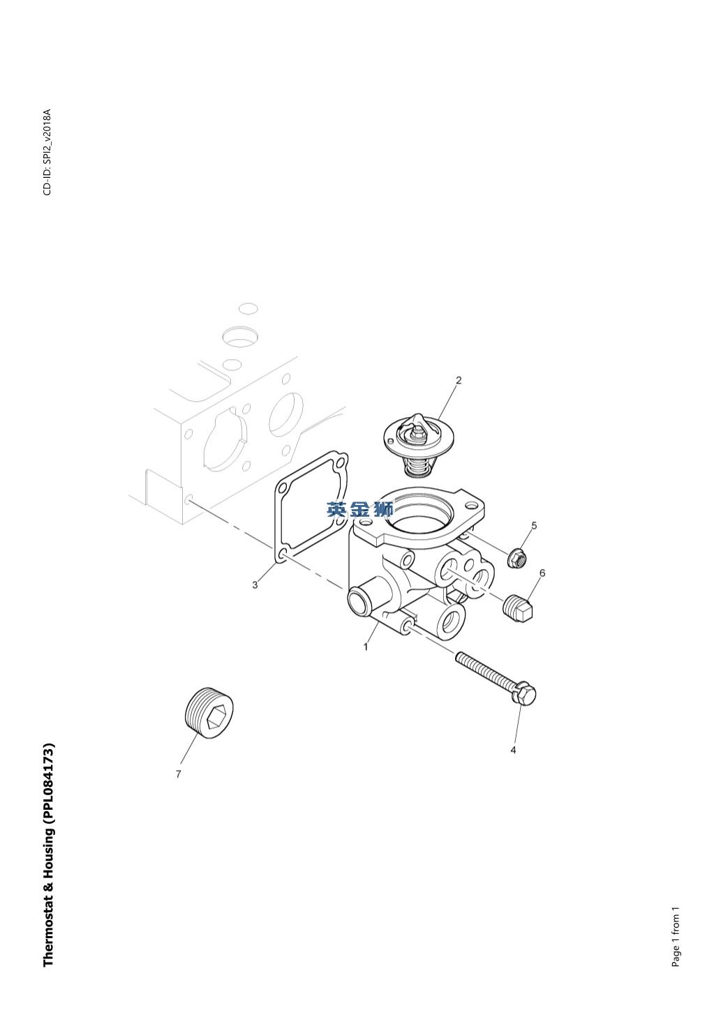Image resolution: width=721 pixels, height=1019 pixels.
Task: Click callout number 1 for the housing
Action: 366,647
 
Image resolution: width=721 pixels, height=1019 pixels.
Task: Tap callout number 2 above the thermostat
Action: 459,380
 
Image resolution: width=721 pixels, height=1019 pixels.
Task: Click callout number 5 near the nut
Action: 534,525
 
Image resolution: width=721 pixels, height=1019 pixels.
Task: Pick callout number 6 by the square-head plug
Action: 542,573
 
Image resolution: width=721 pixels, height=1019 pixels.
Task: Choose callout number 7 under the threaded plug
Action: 179,773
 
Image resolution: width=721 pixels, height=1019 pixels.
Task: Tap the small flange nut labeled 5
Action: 517,558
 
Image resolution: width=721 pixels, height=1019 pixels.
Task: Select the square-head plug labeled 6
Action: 519,607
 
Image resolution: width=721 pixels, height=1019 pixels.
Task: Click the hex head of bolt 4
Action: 523,693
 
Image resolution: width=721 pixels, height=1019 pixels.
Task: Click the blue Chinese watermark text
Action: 359,510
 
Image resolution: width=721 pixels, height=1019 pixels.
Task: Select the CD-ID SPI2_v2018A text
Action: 47,152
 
